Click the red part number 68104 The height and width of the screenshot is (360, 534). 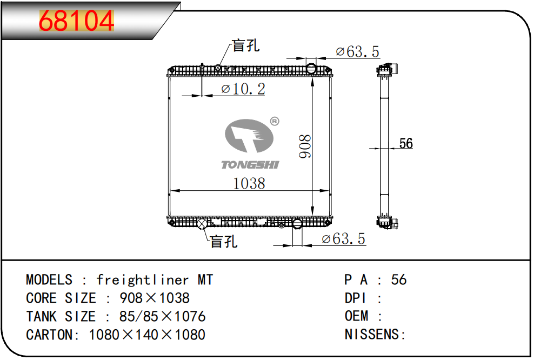point(76,21)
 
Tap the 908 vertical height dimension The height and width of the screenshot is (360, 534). point(305,146)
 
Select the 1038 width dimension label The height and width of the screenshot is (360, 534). point(249,183)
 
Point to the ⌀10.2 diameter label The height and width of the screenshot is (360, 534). point(243,89)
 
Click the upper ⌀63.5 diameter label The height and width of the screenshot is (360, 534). point(357,52)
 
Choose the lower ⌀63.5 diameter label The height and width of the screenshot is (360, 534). point(343,239)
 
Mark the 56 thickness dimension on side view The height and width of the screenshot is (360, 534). point(406,143)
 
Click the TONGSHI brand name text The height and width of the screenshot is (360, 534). point(250,165)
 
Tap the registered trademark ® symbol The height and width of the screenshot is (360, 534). point(275,121)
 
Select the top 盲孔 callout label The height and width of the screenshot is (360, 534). point(246,45)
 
